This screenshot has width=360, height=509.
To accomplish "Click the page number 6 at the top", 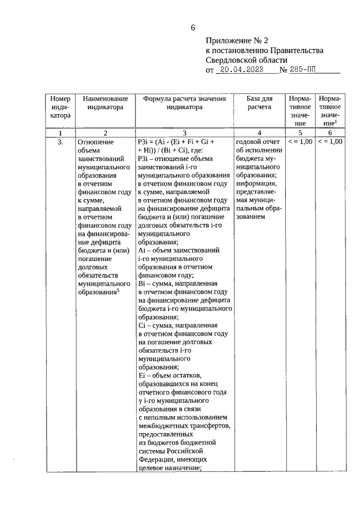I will tap(193, 28).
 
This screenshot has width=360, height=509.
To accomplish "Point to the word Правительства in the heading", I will tap(296, 51).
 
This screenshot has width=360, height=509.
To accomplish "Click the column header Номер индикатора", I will tap(60, 107).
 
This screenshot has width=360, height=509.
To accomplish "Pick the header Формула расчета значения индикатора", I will tap(184, 102).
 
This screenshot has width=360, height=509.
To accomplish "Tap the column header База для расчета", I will tap(259, 102).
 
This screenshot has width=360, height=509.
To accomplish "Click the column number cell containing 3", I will tap(184, 133).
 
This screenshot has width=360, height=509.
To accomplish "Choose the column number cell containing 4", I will tap(259, 133).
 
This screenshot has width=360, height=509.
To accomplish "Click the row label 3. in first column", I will tap(60, 142).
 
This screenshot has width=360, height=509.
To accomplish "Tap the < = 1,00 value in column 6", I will tap(330, 142).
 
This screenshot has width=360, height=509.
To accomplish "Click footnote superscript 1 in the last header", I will tap(336, 120).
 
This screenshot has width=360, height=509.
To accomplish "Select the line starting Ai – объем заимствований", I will tap(178, 249).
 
